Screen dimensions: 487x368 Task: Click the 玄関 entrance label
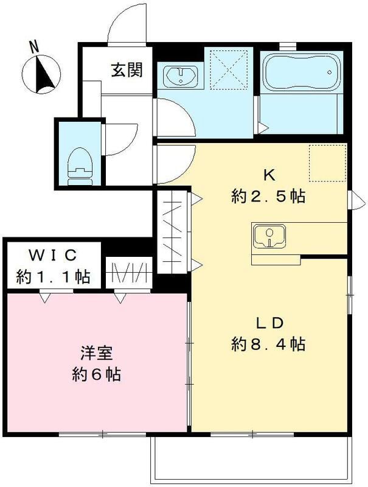pos(127,70)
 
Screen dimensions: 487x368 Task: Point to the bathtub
pos(299,77)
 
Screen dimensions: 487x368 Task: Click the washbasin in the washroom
pos(179,77)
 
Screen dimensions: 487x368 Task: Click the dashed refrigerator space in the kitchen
pos(326,163)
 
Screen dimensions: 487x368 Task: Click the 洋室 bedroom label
pos(94,352)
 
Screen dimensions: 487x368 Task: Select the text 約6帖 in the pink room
pos(94,373)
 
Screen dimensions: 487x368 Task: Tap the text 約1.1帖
pos(54,277)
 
